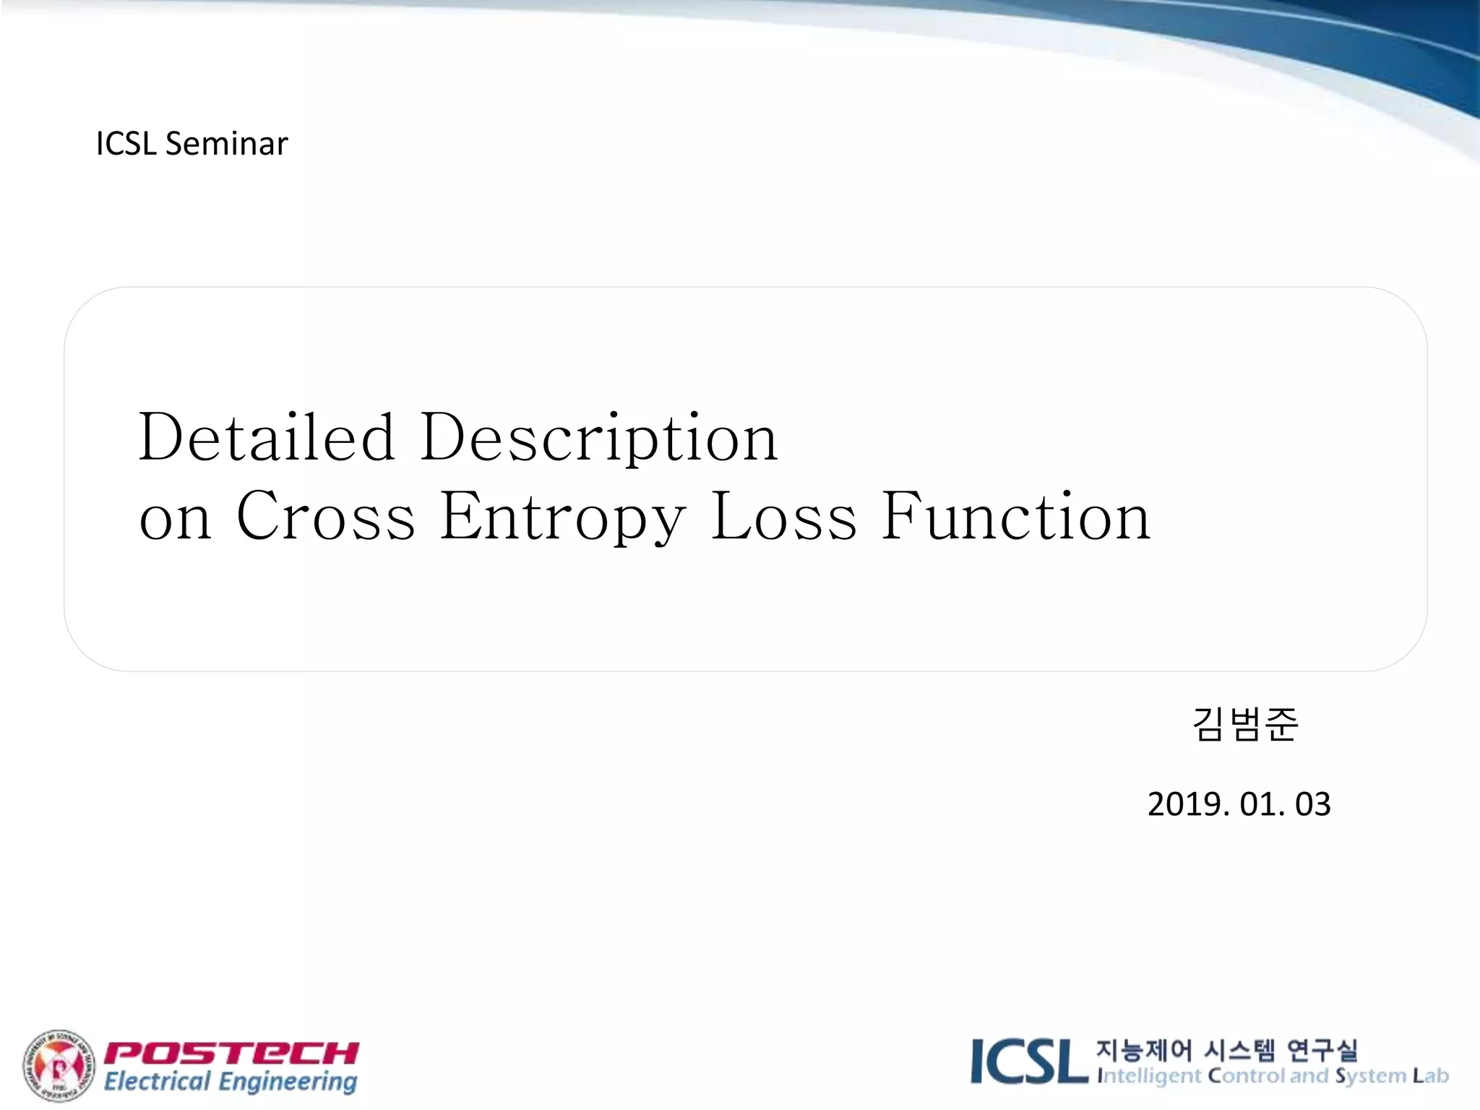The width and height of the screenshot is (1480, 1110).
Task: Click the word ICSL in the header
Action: [126, 144]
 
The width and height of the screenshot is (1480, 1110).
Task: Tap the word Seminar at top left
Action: [226, 144]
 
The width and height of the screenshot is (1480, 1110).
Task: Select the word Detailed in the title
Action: [267, 437]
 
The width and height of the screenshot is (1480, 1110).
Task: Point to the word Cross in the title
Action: [326, 516]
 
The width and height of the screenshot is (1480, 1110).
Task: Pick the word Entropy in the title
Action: [563, 517]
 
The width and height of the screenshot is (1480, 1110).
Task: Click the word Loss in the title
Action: [784, 516]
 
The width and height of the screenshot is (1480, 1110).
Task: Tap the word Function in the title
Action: [1015, 516]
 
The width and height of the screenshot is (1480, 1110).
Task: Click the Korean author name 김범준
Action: [1244, 724]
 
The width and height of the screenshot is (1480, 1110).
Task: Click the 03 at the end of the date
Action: [1312, 804]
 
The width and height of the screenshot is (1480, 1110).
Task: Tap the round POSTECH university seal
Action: [59, 1066]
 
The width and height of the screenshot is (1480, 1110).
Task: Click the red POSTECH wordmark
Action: [232, 1053]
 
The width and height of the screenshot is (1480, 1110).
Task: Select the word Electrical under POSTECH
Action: [157, 1082]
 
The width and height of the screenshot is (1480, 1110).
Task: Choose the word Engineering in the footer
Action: [288, 1082]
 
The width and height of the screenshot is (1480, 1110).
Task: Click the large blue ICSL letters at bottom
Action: [1029, 1062]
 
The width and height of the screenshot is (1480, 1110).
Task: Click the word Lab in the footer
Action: [1431, 1075]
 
